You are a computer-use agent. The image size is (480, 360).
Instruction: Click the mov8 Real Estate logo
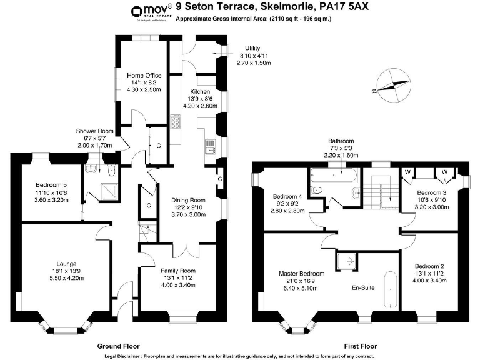(150, 12)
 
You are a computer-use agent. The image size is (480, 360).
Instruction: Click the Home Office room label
(144, 76)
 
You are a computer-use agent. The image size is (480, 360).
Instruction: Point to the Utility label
(252, 48)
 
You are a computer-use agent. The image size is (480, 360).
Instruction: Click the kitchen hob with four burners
(176, 120)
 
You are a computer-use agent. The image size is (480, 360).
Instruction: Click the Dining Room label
(188, 201)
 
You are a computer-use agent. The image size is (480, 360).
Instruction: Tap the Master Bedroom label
(301, 274)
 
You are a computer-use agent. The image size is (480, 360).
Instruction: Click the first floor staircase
(382, 191)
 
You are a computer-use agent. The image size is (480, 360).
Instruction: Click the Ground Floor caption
(118, 346)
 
